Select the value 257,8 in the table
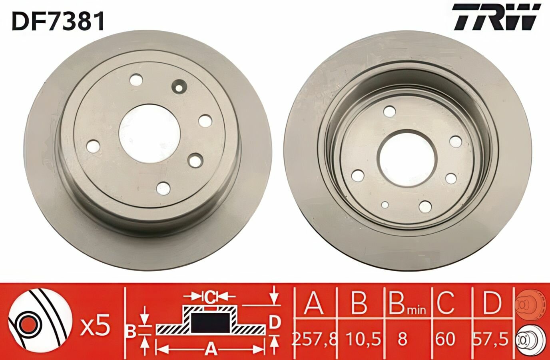tap(315, 339)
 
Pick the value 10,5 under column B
tap(363, 339)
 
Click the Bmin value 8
tap(403, 339)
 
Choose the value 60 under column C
tap(445, 339)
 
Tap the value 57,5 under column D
tap(490, 339)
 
